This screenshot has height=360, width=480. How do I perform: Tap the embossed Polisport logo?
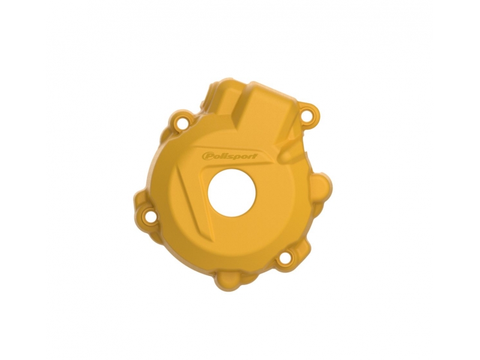[x=230, y=156]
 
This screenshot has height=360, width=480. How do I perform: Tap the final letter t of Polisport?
[x=255, y=156]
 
